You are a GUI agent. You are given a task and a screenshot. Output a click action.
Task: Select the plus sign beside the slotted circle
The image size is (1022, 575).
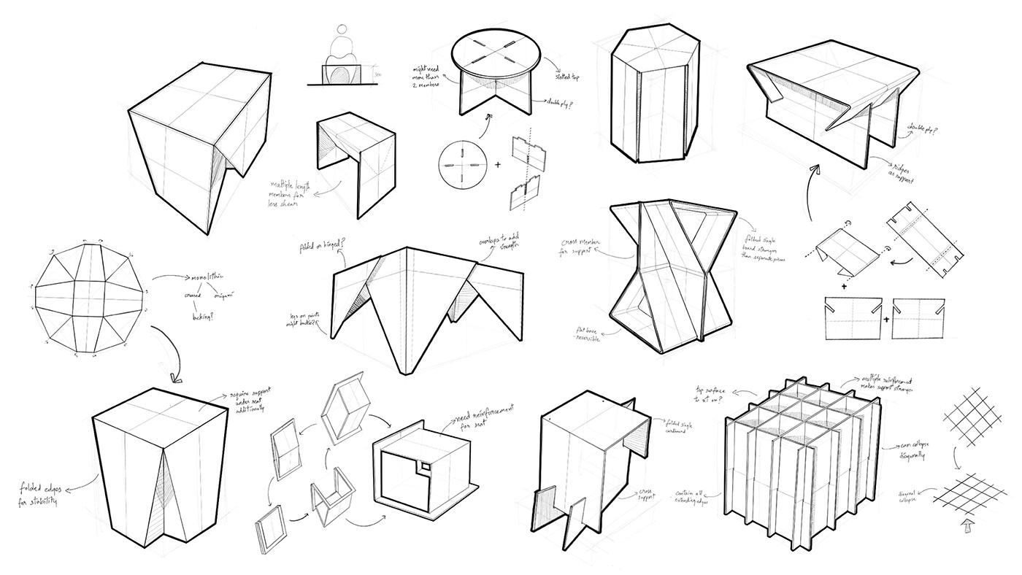(498, 165)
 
